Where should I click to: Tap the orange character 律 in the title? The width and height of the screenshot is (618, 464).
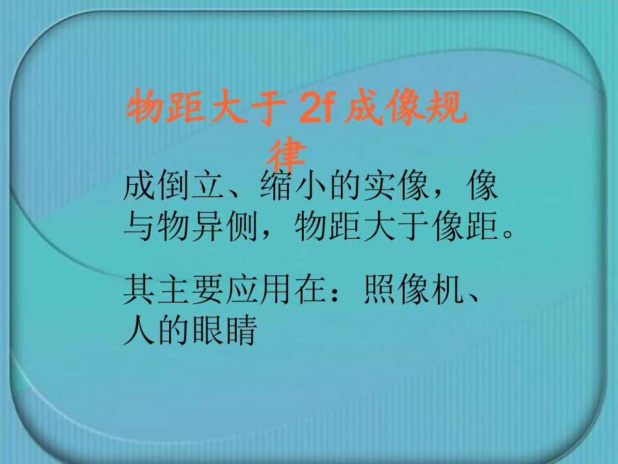click(288, 154)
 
